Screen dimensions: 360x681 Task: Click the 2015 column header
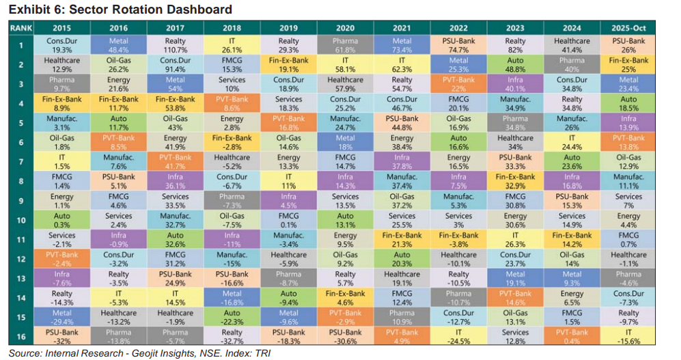click(62, 27)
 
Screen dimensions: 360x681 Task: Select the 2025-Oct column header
click(627, 27)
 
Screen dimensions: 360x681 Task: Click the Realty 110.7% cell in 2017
click(176, 46)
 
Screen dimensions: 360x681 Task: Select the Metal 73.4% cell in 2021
click(402, 46)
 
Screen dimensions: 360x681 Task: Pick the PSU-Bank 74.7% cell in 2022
click(458, 46)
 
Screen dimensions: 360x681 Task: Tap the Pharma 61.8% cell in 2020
click(345, 46)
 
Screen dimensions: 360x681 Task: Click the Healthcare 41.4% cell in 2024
click(571, 46)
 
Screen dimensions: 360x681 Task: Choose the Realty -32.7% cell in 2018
click(232, 336)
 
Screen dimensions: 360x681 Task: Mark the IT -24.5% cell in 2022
click(458, 336)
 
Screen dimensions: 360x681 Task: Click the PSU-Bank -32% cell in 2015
click(62, 336)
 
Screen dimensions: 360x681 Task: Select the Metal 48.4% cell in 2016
click(119, 46)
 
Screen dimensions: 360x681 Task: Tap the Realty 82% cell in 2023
click(515, 46)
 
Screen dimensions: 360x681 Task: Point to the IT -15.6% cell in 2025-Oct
click(627, 336)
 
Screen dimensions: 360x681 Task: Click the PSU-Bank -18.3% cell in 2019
click(288, 336)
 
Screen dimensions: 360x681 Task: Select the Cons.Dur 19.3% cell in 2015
click(62, 46)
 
